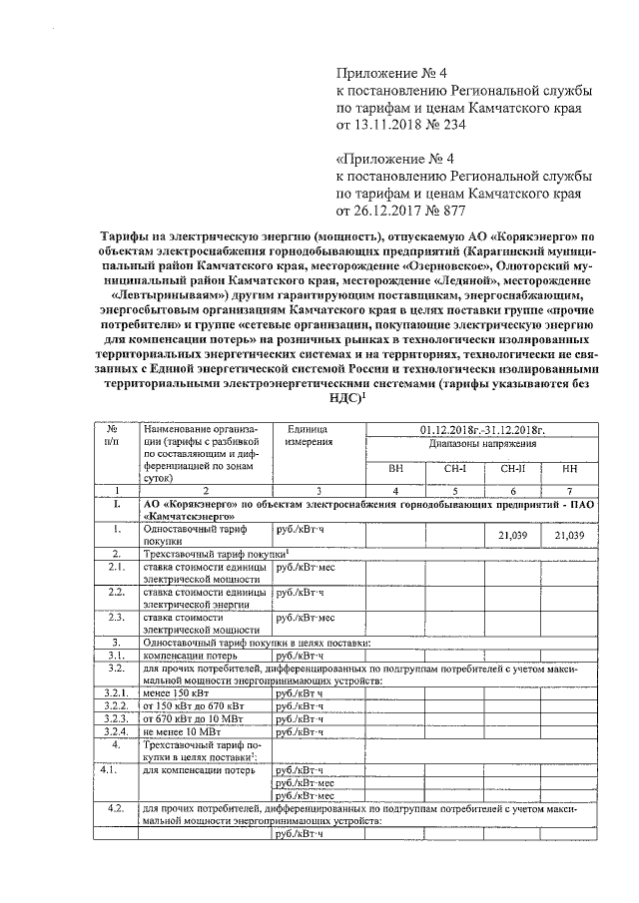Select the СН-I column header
(x=454, y=468)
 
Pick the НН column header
(x=569, y=468)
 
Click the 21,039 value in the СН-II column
(x=511, y=536)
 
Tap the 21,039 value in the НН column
(x=569, y=536)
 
